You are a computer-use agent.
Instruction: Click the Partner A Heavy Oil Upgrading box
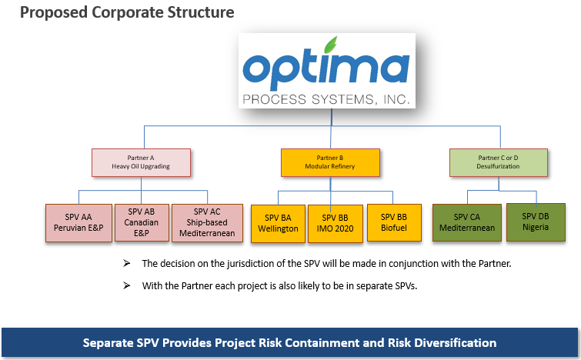pyautogui.click(x=141, y=162)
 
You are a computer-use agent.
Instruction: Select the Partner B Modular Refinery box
pyautogui.click(x=330, y=162)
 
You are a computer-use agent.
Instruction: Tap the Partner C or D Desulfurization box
pyautogui.click(x=499, y=162)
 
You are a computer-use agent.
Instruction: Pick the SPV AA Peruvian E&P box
pyautogui.click(x=78, y=223)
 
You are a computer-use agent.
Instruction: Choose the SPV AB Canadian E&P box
pyautogui.click(x=142, y=222)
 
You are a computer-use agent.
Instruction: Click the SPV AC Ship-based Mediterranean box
pyautogui.click(x=207, y=223)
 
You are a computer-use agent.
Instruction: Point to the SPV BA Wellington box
pyautogui.click(x=278, y=224)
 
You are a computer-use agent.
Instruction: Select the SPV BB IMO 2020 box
pyautogui.click(x=335, y=224)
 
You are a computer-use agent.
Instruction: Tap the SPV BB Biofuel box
pyautogui.click(x=394, y=223)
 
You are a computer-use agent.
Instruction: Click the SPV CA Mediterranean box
pyautogui.click(x=467, y=222)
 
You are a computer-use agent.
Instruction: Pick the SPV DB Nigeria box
pyautogui.click(x=536, y=222)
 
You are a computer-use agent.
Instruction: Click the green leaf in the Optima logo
pyautogui.click(x=331, y=45)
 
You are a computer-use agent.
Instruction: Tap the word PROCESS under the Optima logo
pyautogui.click(x=275, y=99)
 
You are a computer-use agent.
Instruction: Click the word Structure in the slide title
pyautogui.click(x=200, y=12)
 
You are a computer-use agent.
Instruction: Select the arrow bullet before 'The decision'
pyautogui.click(x=127, y=263)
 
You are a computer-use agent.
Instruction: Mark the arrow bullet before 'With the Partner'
pyautogui.click(x=127, y=285)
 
